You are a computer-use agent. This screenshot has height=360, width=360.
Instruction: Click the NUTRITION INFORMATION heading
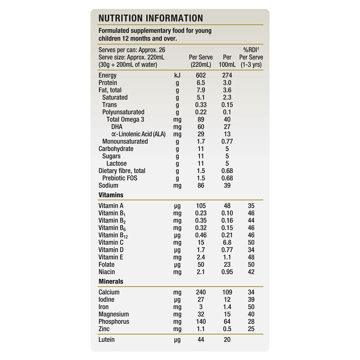click(x=150, y=18)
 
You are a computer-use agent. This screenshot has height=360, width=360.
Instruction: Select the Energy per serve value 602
click(x=201, y=75)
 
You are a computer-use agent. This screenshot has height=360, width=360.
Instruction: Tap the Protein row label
click(x=108, y=83)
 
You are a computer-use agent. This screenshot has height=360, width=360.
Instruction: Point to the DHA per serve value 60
click(x=201, y=127)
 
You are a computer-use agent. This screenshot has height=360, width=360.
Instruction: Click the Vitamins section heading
click(x=111, y=195)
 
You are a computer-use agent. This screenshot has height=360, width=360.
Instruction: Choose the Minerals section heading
click(x=111, y=281)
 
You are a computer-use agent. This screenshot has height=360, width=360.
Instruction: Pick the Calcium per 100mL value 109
click(x=227, y=292)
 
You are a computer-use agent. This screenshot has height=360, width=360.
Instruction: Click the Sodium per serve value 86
click(x=201, y=185)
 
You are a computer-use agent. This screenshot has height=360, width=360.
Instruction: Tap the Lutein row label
click(x=107, y=340)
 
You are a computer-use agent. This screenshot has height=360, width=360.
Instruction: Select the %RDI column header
click(x=251, y=50)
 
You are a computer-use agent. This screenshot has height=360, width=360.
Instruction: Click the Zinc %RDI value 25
click(x=251, y=329)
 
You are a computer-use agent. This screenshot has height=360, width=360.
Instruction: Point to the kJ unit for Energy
click(x=177, y=75)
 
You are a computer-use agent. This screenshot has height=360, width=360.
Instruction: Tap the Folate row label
click(x=107, y=265)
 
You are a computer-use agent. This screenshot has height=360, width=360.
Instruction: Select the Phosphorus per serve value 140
click(x=201, y=322)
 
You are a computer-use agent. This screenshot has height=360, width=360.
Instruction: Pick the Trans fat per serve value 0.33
click(x=201, y=105)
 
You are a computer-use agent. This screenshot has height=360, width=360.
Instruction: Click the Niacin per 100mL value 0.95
click(x=227, y=272)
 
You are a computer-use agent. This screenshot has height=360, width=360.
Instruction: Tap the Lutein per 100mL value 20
click(x=227, y=340)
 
